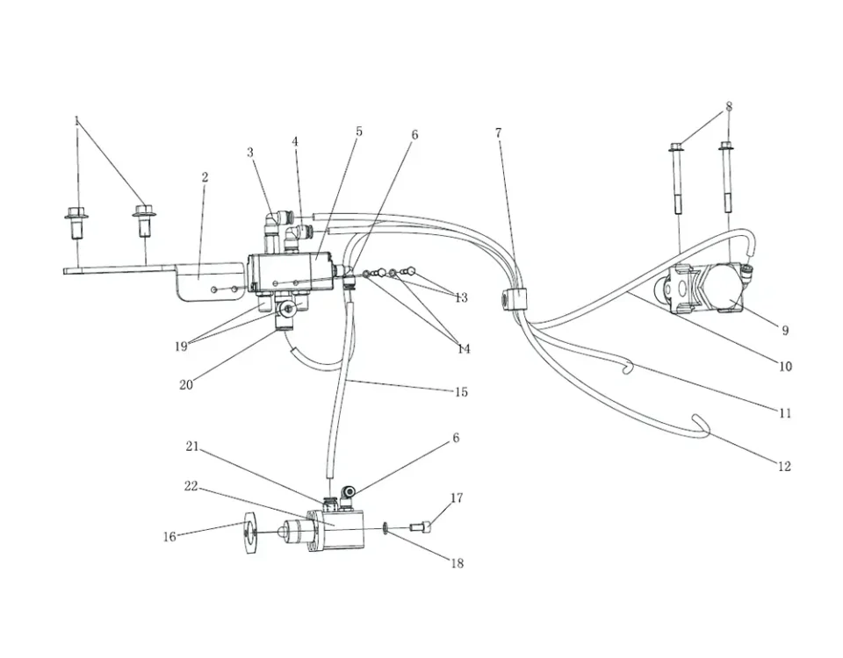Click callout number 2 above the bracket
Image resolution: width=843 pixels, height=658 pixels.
click(205, 177)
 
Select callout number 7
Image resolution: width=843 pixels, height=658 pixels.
click(498, 133)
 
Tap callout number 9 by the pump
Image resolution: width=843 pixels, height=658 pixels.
click(784, 331)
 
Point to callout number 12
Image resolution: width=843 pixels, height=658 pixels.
click(784, 467)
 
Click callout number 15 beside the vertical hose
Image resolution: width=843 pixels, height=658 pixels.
click(460, 392)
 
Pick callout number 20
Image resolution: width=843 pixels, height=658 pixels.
click(185, 384)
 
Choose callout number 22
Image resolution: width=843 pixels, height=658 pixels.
click(191, 487)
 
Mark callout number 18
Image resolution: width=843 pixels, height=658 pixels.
click(457, 563)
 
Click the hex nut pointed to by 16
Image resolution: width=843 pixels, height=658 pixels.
click(249, 532)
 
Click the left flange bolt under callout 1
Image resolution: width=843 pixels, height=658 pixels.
click(76, 221)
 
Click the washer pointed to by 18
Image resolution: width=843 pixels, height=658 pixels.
click(387, 528)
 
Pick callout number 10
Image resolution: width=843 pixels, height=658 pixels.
click(785, 366)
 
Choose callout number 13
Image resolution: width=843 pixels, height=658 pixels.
click(461, 297)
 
